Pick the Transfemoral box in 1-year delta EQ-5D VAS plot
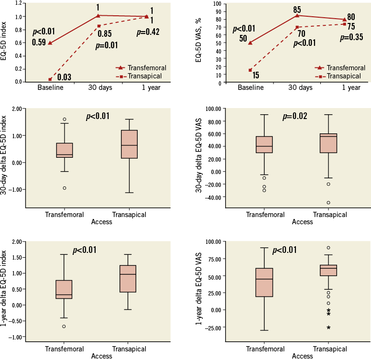click(264, 283)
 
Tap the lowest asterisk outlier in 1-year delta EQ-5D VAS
click(328, 328)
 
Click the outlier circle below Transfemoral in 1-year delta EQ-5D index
click(64, 327)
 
